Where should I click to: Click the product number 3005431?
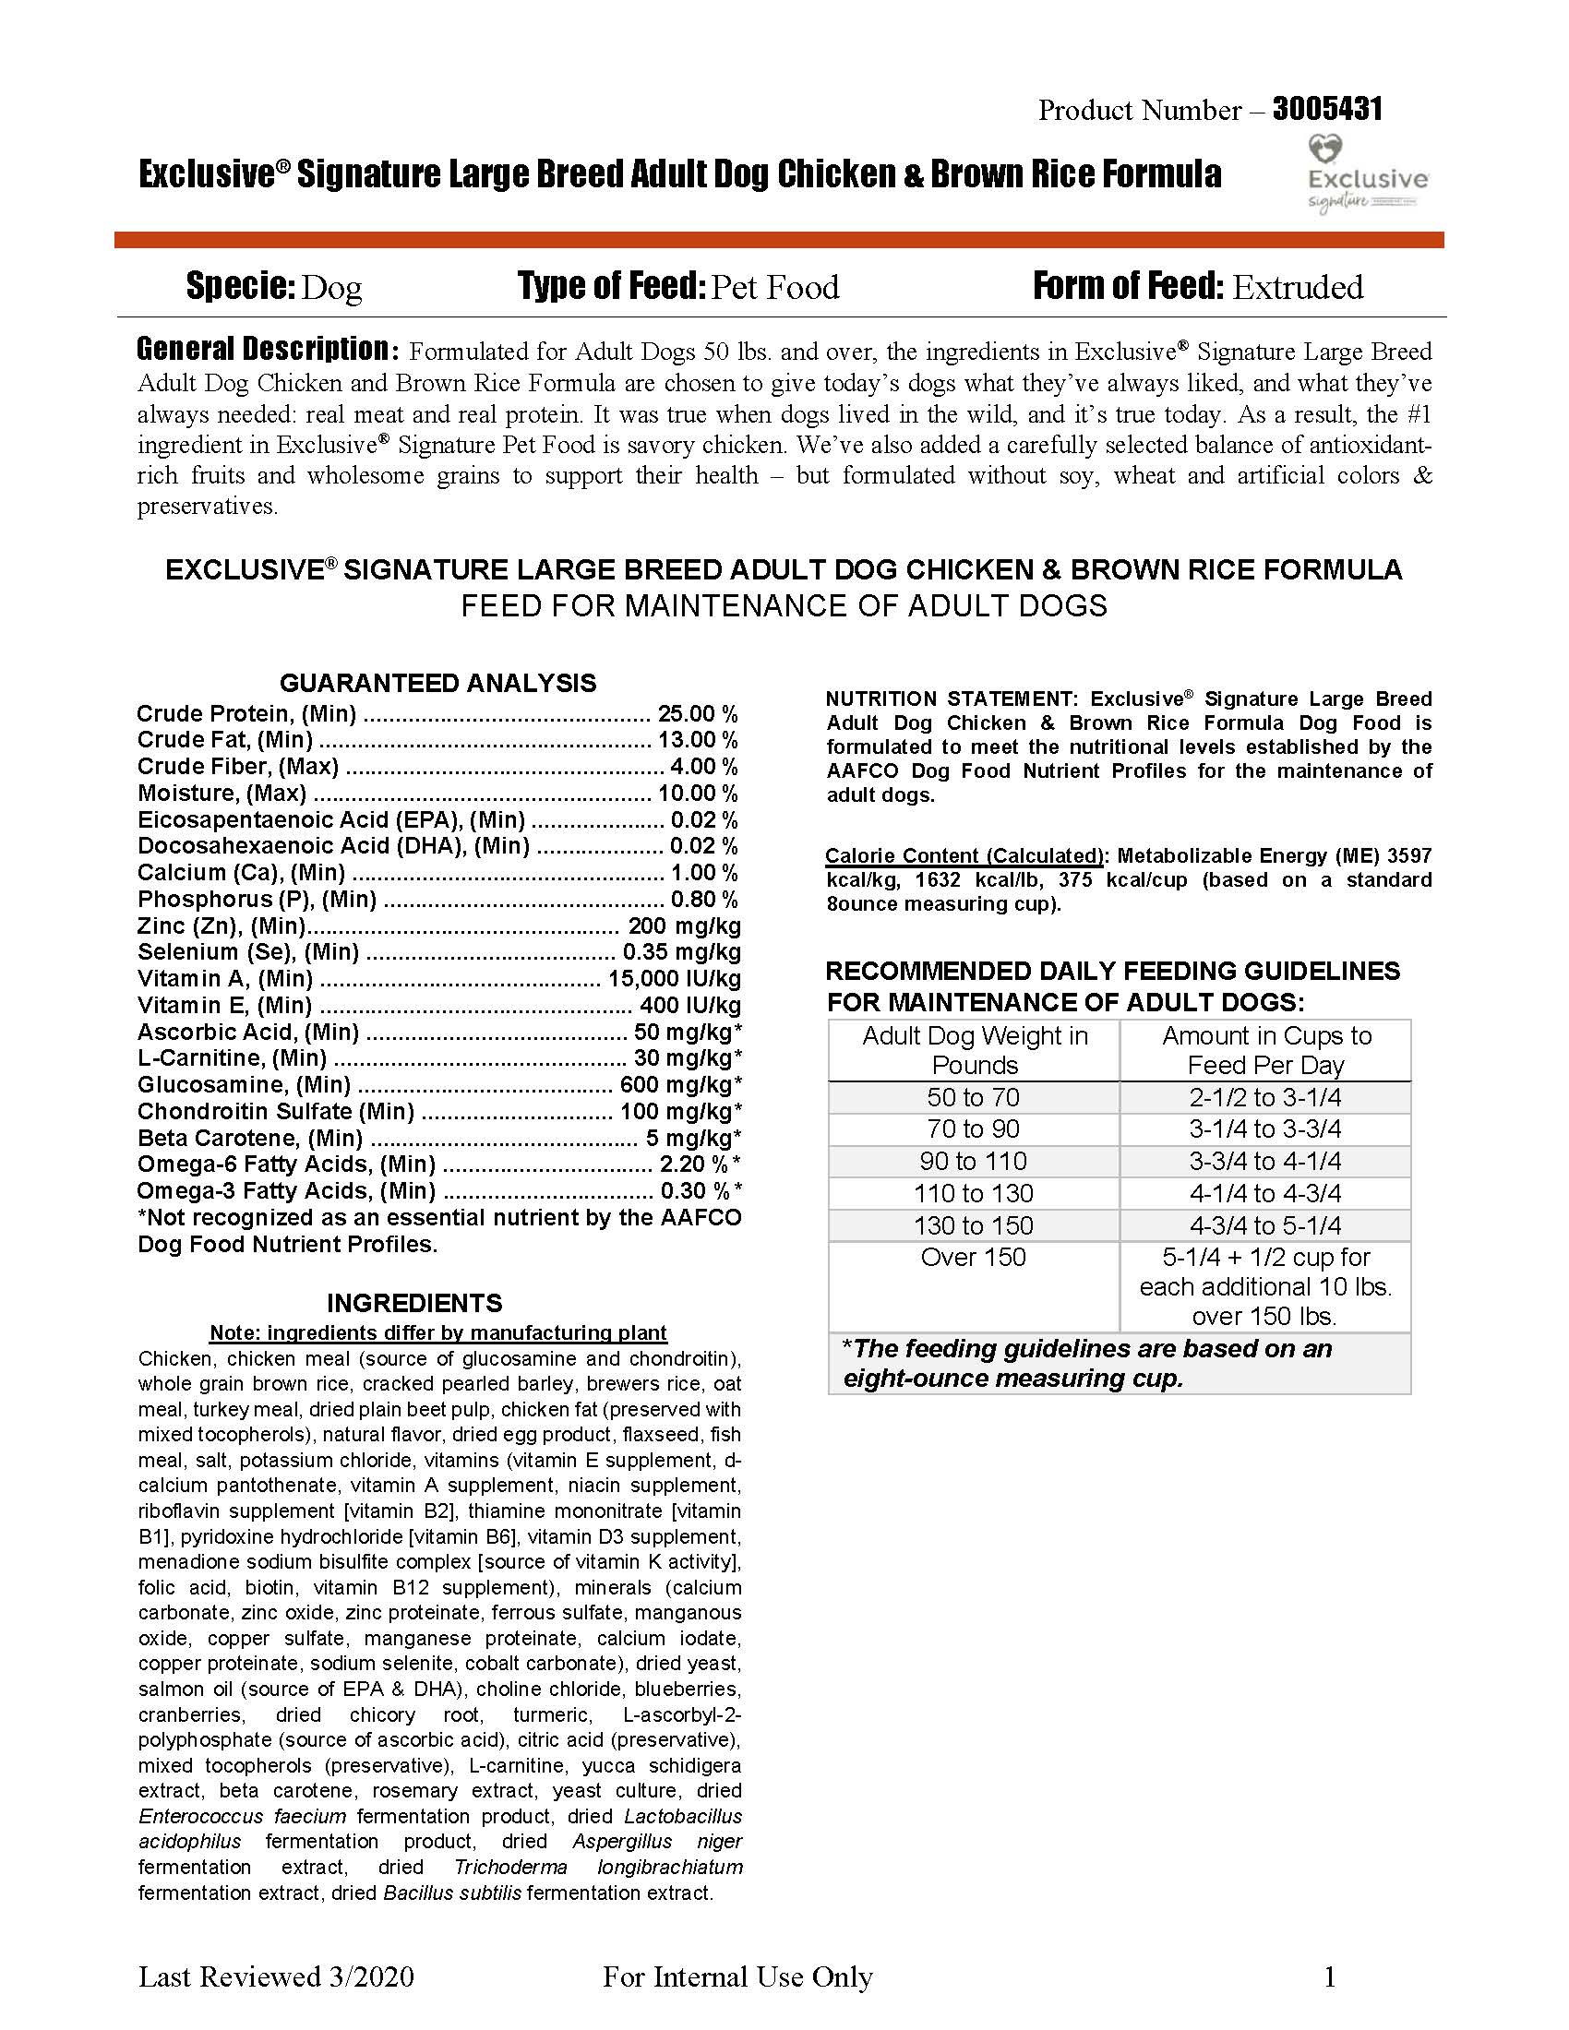point(1326,110)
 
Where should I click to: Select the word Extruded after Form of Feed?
point(1298,287)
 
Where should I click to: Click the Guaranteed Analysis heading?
point(437,683)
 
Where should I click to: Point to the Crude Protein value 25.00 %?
point(697,714)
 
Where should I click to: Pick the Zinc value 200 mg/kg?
point(684,925)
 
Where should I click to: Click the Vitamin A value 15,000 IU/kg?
point(674,979)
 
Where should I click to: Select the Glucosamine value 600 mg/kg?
point(679,1085)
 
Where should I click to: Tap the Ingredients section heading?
point(414,1302)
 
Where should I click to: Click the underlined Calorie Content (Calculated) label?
point(964,855)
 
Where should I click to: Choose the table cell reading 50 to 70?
point(973,1098)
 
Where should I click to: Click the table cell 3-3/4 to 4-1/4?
point(1265,1161)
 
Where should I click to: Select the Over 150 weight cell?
point(973,1257)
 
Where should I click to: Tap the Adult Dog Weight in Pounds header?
point(974,1050)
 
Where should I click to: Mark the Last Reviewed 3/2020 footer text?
point(276,1976)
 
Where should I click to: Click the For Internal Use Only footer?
point(737,1976)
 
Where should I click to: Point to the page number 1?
point(1330,1976)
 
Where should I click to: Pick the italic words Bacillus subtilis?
point(451,1893)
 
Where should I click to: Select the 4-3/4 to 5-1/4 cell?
point(1265,1225)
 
